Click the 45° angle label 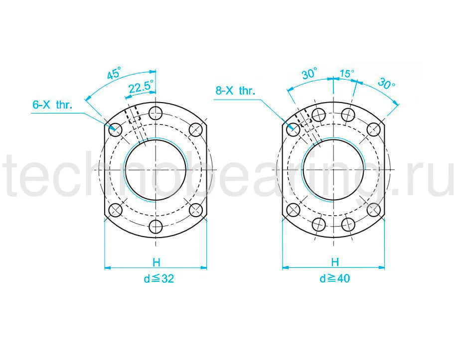(114, 73)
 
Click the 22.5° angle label (141, 87)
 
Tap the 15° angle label (347, 73)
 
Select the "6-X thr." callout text (52, 105)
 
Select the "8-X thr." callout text (235, 91)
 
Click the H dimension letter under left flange (156, 262)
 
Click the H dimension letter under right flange (335, 262)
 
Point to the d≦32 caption (158, 279)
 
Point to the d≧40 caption (334, 278)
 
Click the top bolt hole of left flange (155, 113)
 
